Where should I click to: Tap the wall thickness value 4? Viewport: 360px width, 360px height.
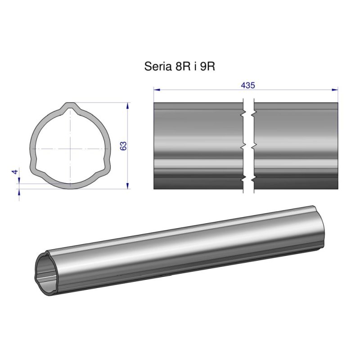[x=15, y=172]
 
